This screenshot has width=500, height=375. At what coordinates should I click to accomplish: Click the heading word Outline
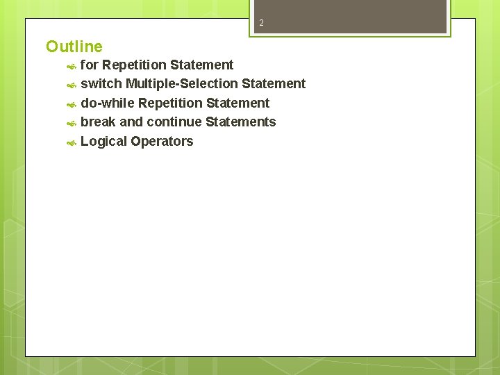tap(74, 47)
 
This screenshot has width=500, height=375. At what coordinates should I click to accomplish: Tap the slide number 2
tap(261, 24)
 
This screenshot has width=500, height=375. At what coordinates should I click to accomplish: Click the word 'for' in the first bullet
tap(90, 65)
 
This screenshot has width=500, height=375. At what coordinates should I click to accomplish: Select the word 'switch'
tap(101, 83)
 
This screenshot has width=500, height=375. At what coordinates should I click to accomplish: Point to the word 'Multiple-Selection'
tap(182, 83)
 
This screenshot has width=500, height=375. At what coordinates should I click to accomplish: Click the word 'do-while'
tap(108, 103)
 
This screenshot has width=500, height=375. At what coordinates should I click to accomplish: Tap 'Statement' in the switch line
tap(274, 83)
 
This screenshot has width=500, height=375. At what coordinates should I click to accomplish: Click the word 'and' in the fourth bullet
tap(131, 122)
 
